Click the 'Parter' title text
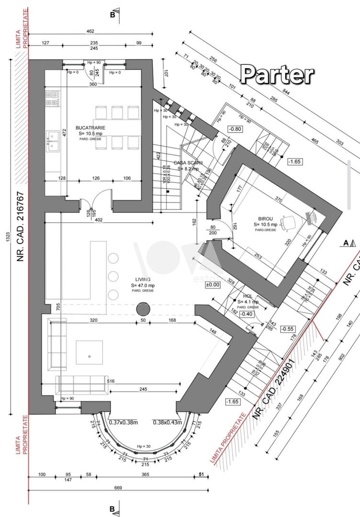click(x=277, y=75)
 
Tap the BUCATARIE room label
click(x=90, y=128)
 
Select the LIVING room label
click(x=142, y=279)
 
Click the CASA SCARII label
click(x=189, y=163)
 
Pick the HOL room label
click(x=247, y=296)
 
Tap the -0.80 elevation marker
click(x=235, y=129)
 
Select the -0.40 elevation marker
click(x=246, y=314)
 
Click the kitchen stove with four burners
click(x=52, y=99)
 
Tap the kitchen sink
click(x=52, y=138)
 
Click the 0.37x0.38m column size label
click(x=123, y=422)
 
